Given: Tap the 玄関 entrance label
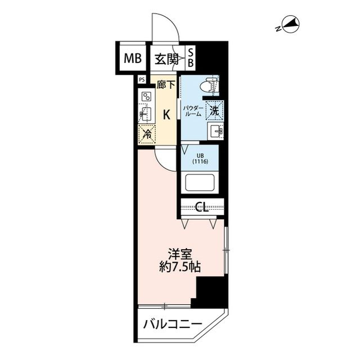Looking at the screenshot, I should [x=167, y=57].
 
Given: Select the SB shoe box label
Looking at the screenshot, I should [x=191, y=57].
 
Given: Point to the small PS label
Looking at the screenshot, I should [x=141, y=79].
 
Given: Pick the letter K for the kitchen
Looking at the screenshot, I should [x=166, y=114].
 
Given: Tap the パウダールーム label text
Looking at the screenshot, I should [x=192, y=109].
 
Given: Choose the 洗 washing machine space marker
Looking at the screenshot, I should [x=214, y=110].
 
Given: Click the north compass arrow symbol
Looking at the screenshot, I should [x=291, y=24].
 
